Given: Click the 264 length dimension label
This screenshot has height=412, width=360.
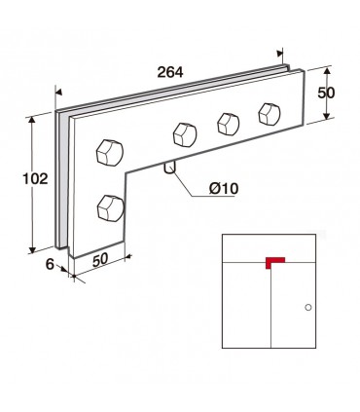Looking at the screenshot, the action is [170, 72].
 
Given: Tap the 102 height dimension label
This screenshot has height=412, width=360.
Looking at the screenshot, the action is [35, 178].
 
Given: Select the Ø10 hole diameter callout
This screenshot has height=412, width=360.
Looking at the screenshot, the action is [224, 188].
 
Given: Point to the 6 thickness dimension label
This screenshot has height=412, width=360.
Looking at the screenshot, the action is [50, 264].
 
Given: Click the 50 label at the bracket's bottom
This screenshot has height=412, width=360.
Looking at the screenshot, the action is [100, 260].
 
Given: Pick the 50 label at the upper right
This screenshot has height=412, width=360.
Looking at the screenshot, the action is [326, 94].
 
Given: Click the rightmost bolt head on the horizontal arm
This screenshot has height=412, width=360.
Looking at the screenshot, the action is [270, 114].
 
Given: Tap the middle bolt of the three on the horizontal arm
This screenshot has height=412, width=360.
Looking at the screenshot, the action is [229, 124].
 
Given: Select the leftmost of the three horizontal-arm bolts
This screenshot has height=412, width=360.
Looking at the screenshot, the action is [185, 134].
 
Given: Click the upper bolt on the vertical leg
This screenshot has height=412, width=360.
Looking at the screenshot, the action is [110, 153].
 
